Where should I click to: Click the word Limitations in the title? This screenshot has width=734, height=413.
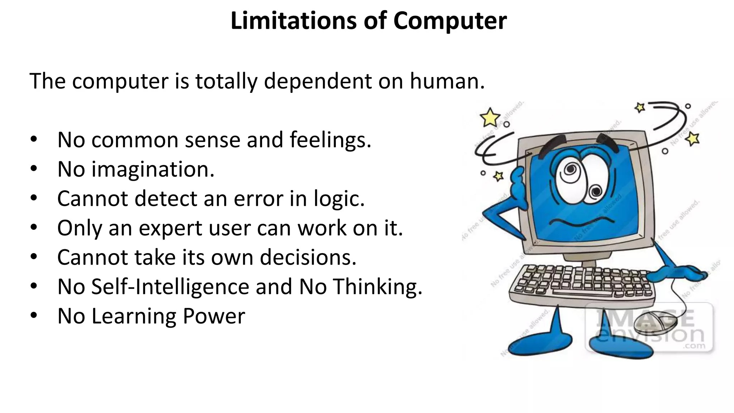[x=293, y=21]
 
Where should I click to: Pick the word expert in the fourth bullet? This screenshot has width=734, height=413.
[x=170, y=228]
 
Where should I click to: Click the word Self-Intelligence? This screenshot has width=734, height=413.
[x=170, y=287]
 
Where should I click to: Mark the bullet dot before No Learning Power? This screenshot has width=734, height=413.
[x=34, y=315]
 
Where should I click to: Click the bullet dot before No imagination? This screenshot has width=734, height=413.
[x=34, y=168]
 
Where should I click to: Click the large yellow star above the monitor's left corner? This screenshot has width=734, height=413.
[x=490, y=118]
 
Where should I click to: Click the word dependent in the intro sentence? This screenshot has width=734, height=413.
[x=318, y=81]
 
